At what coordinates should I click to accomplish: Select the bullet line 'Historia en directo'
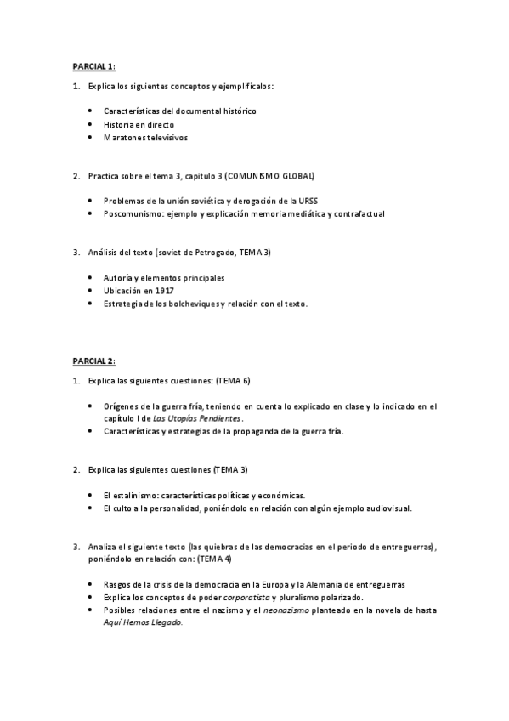click(139, 124)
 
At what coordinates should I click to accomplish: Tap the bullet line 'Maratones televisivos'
click(145, 137)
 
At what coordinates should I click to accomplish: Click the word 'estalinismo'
click(140, 495)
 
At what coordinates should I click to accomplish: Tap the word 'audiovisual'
click(386, 508)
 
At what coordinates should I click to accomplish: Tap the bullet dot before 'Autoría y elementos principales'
click(91, 278)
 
